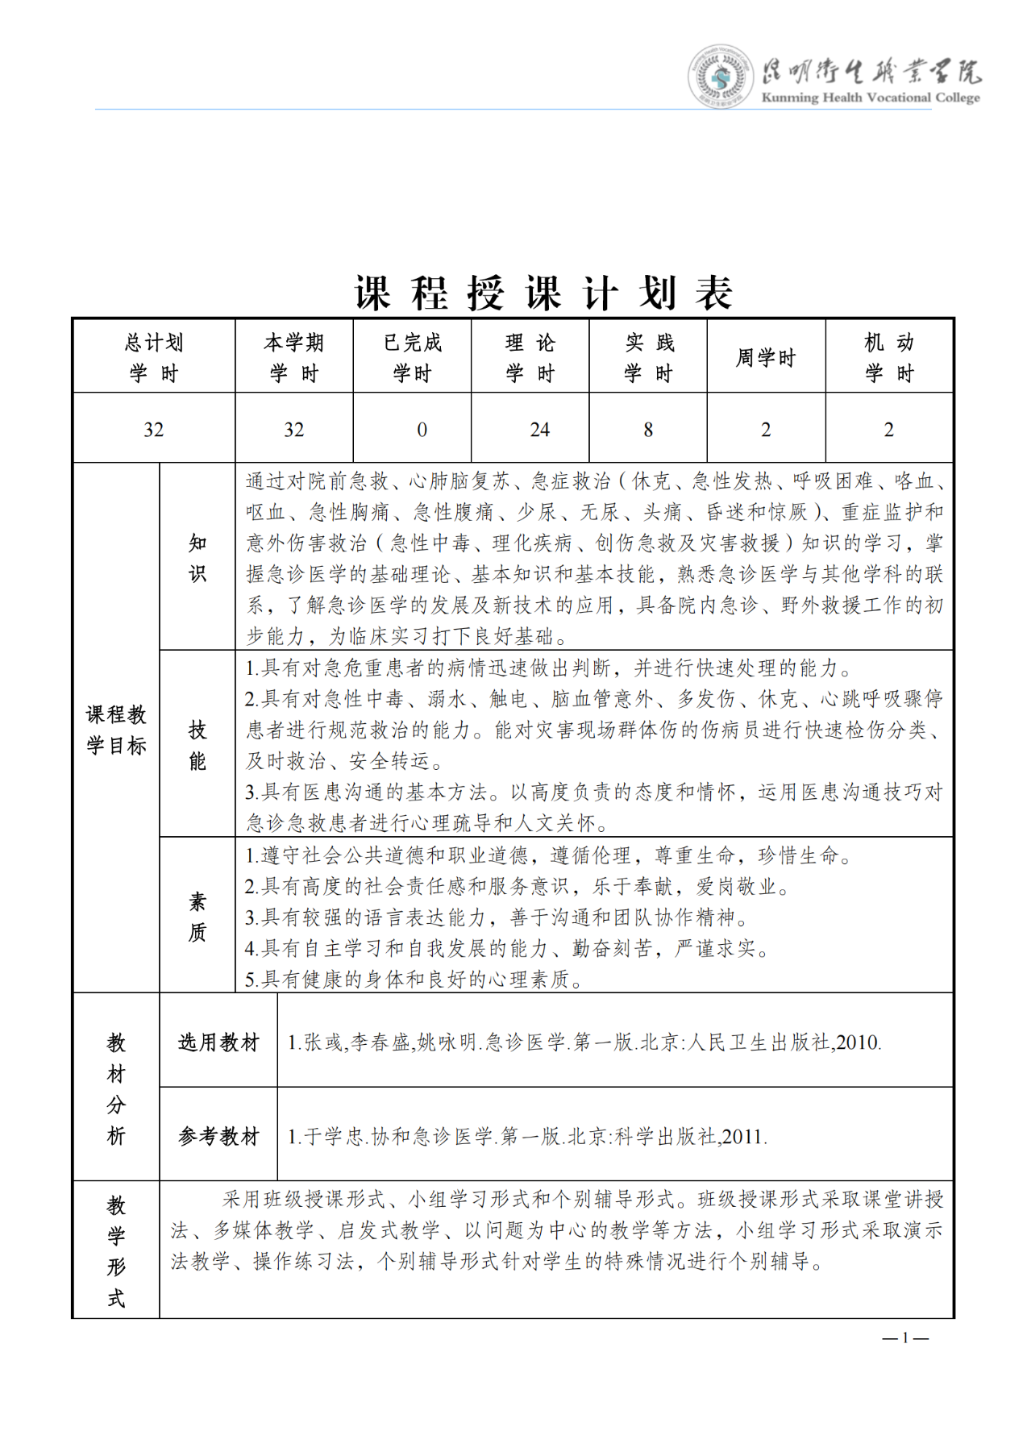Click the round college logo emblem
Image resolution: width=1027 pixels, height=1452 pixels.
[719, 77]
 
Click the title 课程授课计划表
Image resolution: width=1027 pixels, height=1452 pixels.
[544, 293]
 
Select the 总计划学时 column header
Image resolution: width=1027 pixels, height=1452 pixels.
[154, 357]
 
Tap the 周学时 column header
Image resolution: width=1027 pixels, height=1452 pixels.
[766, 357]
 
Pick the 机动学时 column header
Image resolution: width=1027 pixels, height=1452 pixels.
[889, 357]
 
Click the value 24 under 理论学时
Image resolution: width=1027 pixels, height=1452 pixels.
[539, 430]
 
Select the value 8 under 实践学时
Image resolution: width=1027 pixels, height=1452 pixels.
[648, 430]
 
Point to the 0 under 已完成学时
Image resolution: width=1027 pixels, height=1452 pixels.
[422, 430]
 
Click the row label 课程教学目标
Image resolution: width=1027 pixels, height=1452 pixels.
[116, 730]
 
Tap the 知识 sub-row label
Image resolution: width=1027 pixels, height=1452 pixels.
[197, 557]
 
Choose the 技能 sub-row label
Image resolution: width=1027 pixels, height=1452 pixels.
[197, 745]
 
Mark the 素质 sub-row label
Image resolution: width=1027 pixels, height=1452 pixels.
[197, 917]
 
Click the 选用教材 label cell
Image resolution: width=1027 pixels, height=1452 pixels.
[218, 1042]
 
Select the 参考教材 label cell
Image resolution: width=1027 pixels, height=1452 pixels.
[218, 1137]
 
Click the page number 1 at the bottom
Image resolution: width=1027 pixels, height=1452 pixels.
[905, 1338]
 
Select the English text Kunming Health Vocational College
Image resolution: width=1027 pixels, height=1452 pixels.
[871, 98]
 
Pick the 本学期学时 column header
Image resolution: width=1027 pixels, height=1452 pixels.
[293, 357]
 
